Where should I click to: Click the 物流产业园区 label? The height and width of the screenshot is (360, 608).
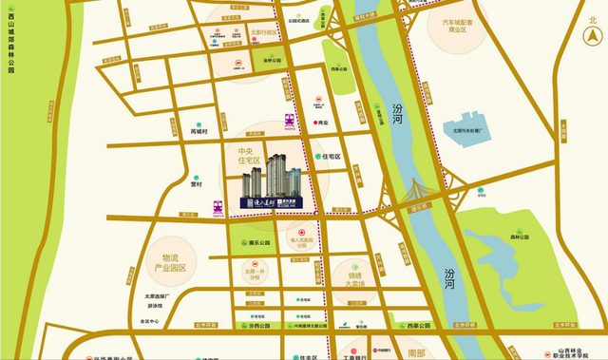[178, 263]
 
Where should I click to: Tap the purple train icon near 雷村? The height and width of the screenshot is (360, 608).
[218, 204]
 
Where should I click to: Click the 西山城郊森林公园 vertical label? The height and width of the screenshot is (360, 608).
[10, 38]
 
